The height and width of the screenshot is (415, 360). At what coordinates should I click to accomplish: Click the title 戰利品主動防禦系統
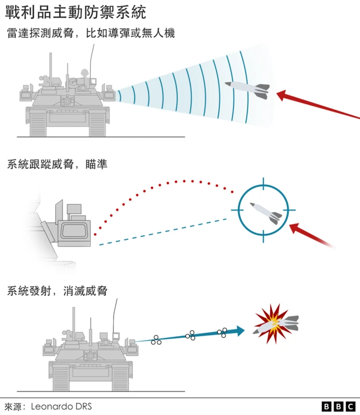coord(75,12)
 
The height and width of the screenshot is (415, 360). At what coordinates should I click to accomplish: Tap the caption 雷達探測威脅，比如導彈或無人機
coord(91,33)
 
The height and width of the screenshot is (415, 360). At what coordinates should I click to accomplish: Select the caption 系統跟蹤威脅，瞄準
coord(57,164)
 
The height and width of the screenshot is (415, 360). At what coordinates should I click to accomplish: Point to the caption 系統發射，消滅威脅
coord(57,291)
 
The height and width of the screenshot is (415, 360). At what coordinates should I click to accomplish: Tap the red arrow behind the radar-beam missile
coord(318,104)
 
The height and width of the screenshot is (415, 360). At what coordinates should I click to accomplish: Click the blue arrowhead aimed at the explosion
coord(240,331)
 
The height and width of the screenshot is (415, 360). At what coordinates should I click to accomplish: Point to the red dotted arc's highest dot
coord(184,181)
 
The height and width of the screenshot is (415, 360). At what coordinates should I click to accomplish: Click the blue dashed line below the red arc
coord(163,232)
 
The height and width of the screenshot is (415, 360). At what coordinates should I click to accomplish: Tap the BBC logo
coord(338,406)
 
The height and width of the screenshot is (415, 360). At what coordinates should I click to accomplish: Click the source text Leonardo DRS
coord(61,406)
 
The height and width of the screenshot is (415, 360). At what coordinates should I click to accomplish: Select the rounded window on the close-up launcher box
coord(74,231)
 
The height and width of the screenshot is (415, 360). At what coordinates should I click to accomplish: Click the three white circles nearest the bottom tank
coord(156,340)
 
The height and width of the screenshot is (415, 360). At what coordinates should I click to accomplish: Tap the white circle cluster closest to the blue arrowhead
coord(222,333)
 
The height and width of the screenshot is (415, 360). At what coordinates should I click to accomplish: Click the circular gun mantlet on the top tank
coord(67,101)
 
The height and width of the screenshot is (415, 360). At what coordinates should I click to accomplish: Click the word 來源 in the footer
coord(12,407)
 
